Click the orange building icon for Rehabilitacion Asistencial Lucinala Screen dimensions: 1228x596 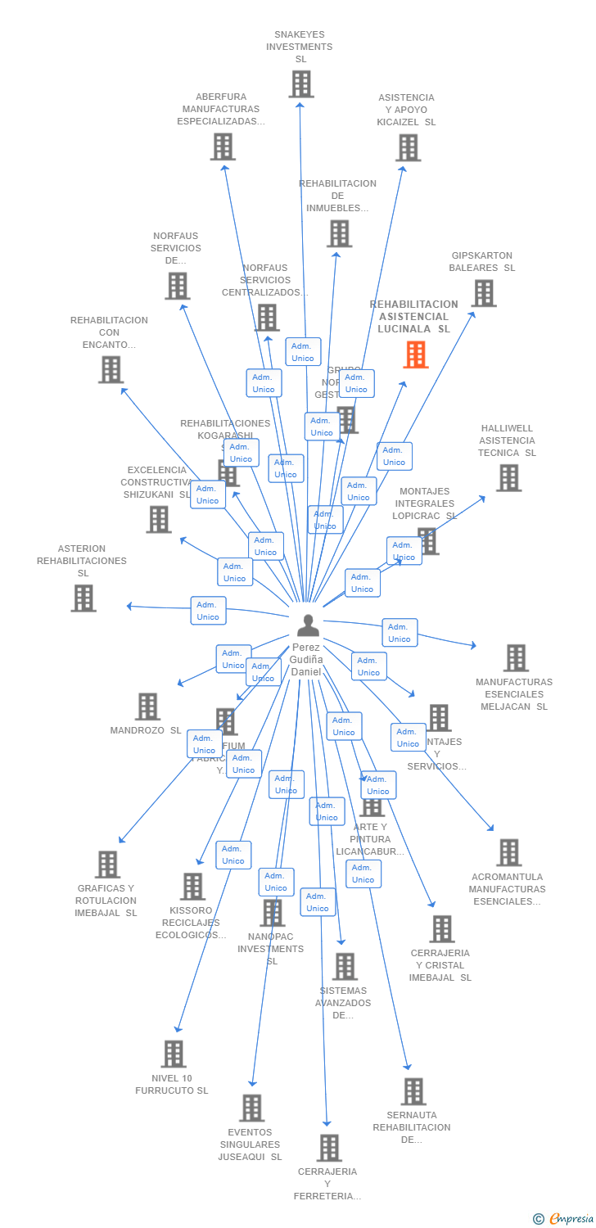(416, 354)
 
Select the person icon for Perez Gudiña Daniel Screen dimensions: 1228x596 (308, 625)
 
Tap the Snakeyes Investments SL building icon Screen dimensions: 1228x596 (301, 84)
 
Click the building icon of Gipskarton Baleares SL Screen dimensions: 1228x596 (483, 293)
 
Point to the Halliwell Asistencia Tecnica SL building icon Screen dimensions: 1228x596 (508, 478)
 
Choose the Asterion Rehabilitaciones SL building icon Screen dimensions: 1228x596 (83, 598)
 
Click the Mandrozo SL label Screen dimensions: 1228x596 (146, 730)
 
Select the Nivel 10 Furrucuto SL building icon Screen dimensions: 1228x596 (174, 1054)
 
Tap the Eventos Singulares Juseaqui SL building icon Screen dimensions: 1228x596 (251, 1108)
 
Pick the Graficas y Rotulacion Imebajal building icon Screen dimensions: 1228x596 (107, 865)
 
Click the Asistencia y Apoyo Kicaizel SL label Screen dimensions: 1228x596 (407, 110)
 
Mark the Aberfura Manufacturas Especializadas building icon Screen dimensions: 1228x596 (223, 147)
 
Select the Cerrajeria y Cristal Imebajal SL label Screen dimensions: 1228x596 (440, 965)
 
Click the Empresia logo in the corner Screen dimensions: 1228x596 (564, 1219)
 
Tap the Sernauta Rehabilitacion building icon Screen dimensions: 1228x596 (413, 1091)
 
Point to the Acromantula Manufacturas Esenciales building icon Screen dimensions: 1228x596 (508, 852)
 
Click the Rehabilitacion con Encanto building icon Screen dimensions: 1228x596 (111, 369)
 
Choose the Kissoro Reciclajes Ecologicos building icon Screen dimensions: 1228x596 (192, 887)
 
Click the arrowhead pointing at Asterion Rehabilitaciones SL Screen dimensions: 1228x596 (129, 606)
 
